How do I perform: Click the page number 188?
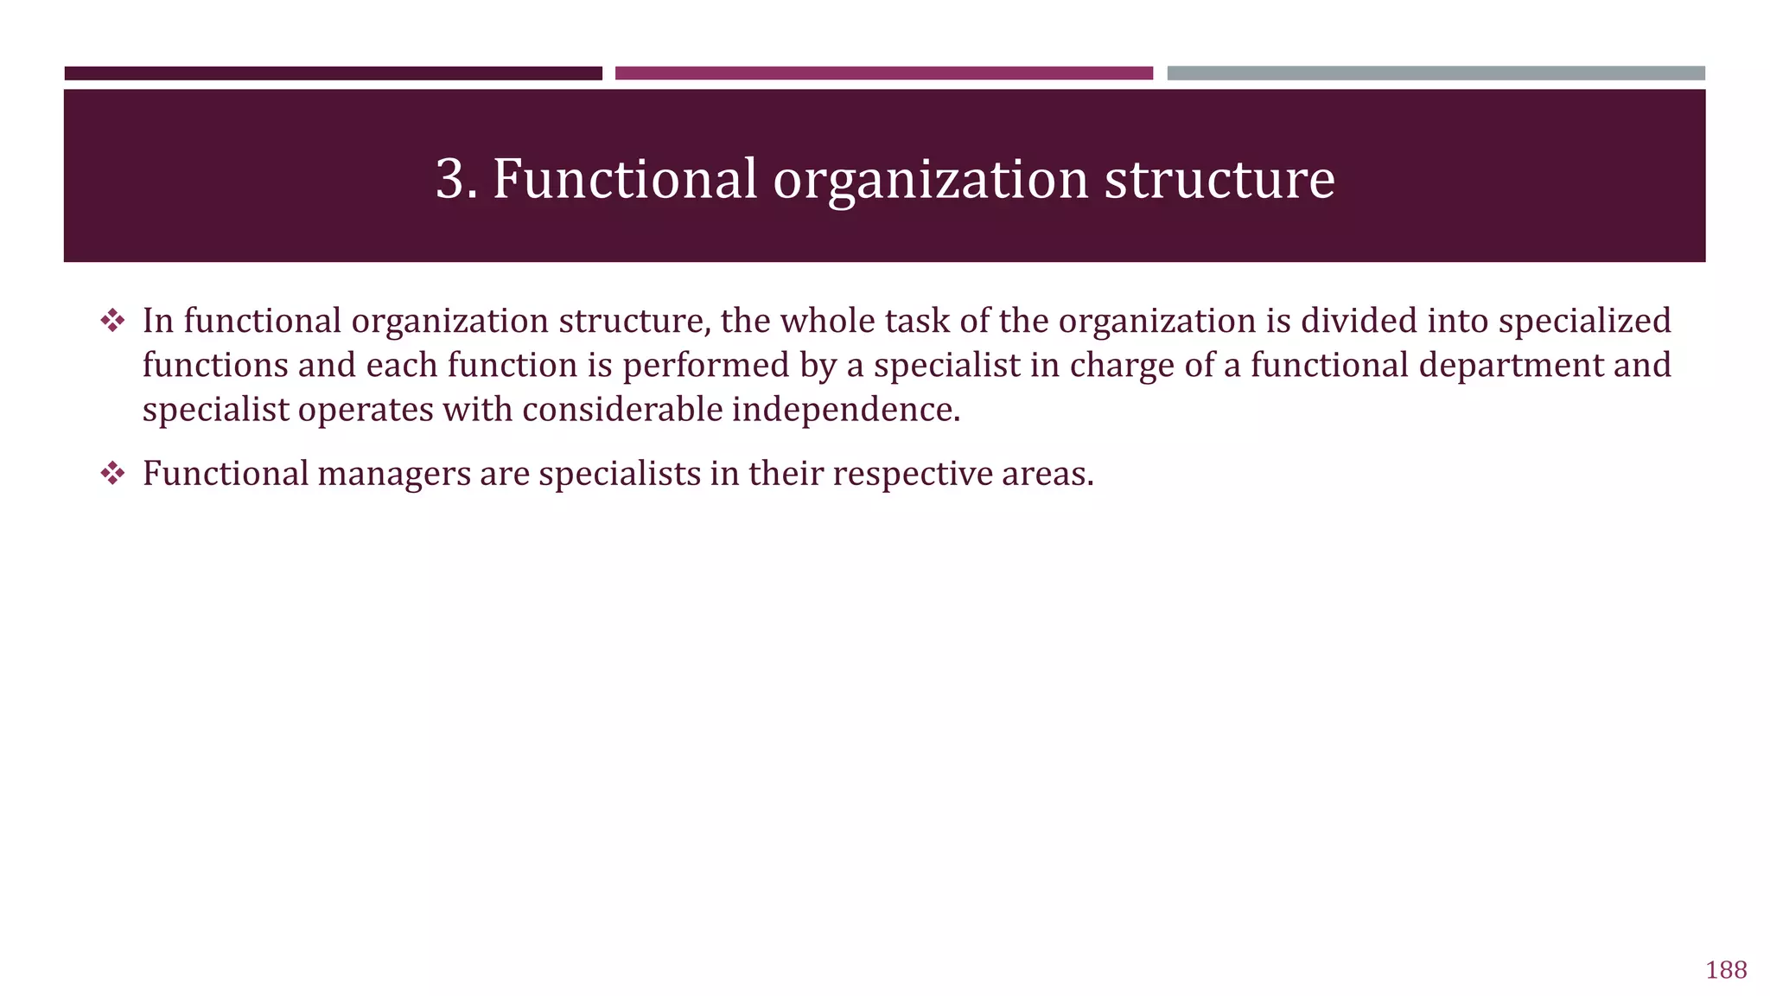coord(1726,970)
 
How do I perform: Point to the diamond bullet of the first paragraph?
coord(112,322)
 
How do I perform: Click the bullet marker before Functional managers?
coord(112,474)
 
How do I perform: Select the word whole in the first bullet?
coord(819,322)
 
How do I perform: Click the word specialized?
coord(1584,322)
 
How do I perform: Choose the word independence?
coord(845,410)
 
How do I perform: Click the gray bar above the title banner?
coord(1436,73)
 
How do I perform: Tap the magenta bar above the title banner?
coord(883,73)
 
